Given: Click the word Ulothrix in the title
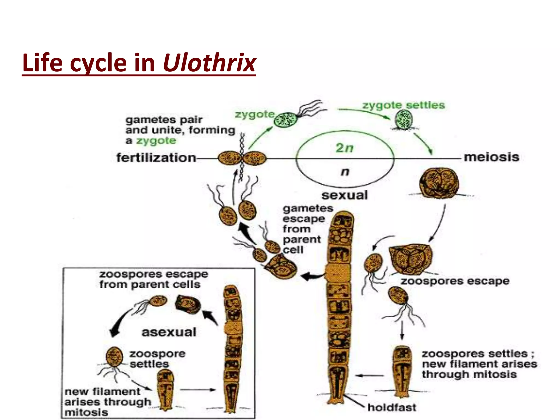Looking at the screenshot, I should (209, 63).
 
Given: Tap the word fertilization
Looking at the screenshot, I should (156, 158).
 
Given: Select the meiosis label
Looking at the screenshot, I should (491, 157).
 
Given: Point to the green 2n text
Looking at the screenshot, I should (345, 148).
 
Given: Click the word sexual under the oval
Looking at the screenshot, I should (345, 195).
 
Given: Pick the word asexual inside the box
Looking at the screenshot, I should (169, 332).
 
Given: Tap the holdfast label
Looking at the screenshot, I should (392, 407).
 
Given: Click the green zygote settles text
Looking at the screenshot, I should (403, 105).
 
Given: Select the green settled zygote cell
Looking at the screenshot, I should (404, 119).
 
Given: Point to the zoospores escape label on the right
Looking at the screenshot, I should (455, 281).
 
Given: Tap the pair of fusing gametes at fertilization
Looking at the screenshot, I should (242, 158).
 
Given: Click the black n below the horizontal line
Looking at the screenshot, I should (345, 172).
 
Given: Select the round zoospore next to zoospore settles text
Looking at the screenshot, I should (114, 357).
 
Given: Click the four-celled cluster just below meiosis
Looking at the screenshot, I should (439, 183).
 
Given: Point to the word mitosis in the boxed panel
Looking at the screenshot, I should (86, 412).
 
